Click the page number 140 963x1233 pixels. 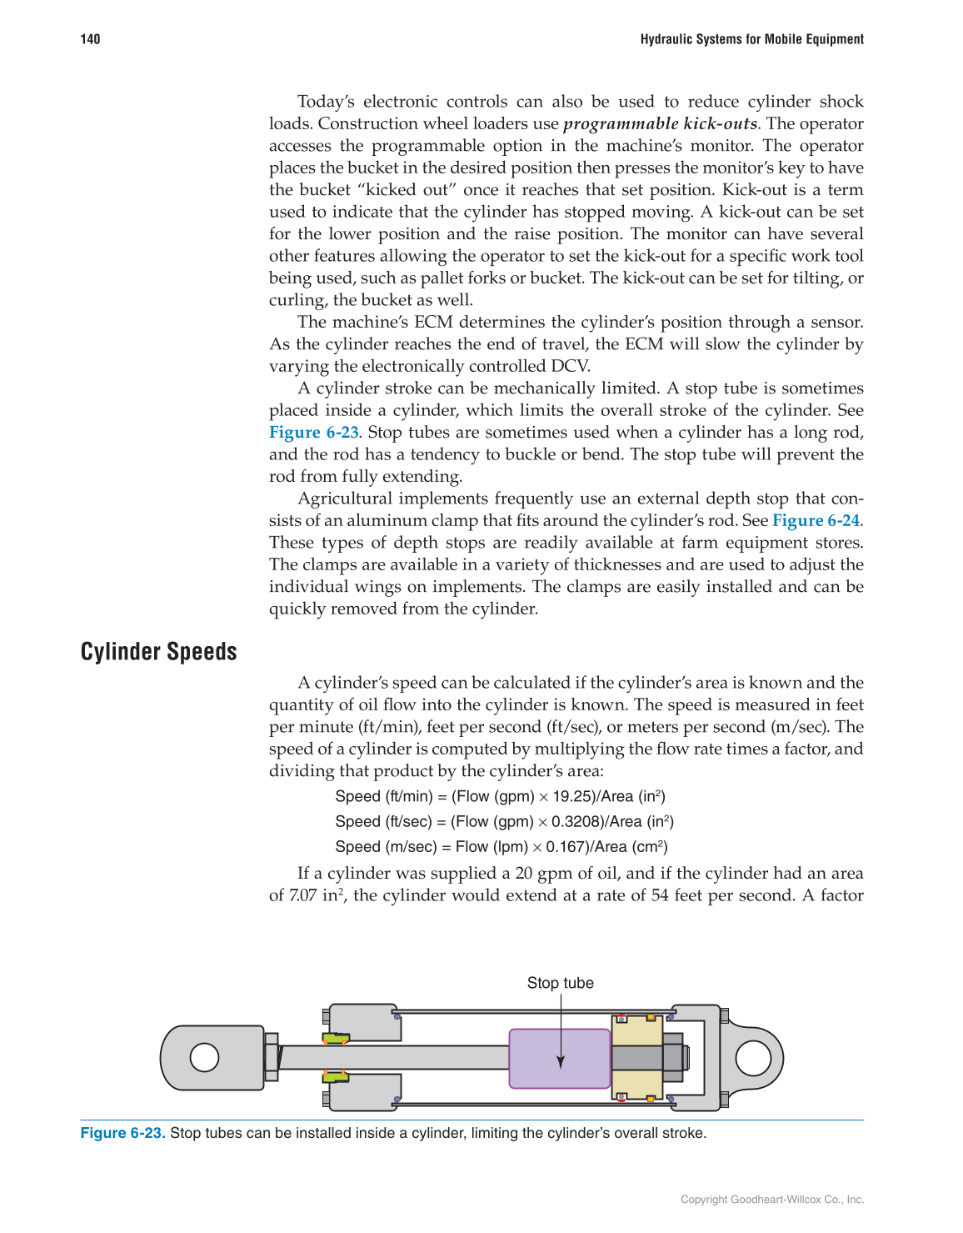[x=90, y=39]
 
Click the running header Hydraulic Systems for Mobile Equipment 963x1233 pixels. [x=751, y=39]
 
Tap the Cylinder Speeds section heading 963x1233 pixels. [x=158, y=652]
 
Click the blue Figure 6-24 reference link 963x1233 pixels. [x=816, y=520]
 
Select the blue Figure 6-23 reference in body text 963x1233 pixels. [x=313, y=432]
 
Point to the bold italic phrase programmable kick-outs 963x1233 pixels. [x=660, y=123]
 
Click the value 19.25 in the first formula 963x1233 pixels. [x=574, y=796]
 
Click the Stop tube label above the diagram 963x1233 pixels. [x=560, y=983]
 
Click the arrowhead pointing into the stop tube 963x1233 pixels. [x=561, y=1062]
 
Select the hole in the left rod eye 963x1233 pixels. [x=204, y=1057]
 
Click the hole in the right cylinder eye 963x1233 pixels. [x=753, y=1058]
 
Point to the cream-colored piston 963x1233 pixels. [x=636, y=1057]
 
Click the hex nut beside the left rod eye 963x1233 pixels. [x=271, y=1057]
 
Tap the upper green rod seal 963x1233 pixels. [x=336, y=1038]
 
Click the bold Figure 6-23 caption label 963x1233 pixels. [x=122, y=1133]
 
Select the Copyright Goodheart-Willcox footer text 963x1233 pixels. [x=771, y=1200]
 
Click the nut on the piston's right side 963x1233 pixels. [x=675, y=1057]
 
